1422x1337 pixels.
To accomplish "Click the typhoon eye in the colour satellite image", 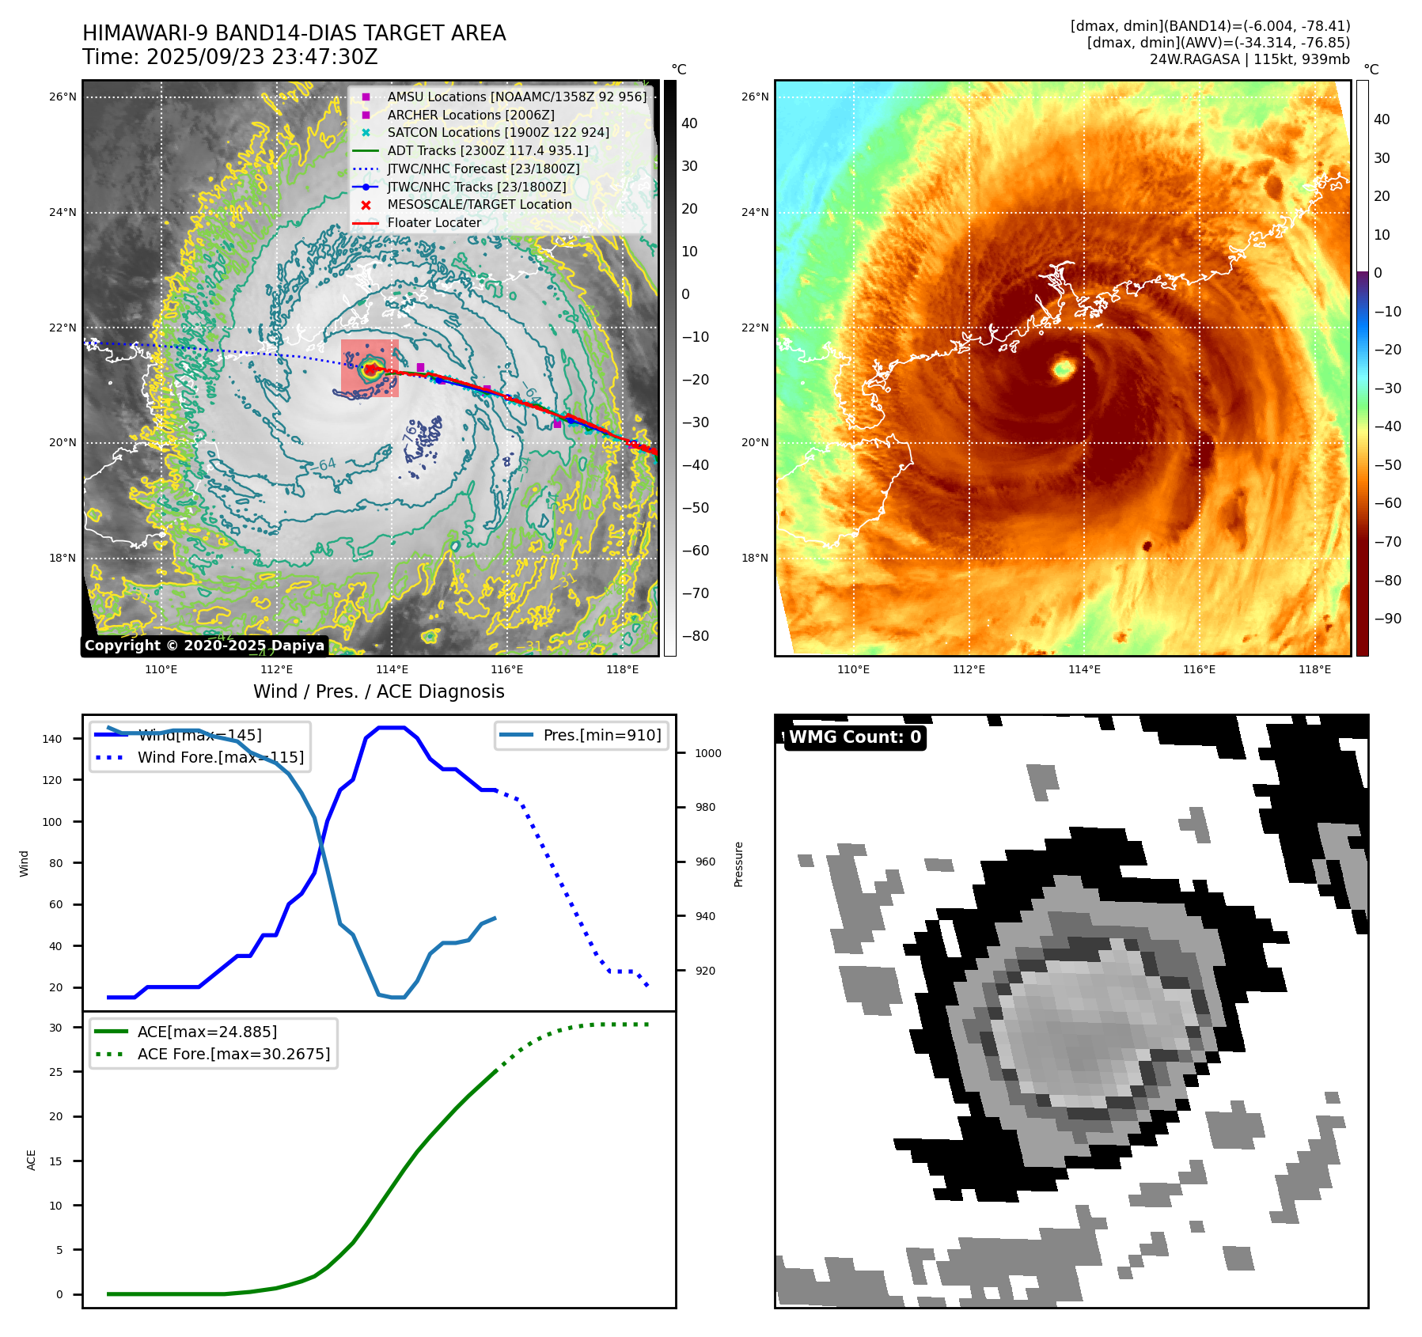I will click(1063, 368).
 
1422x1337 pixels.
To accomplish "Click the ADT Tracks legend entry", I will click(487, 150).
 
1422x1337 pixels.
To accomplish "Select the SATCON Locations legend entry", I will click(498, 132).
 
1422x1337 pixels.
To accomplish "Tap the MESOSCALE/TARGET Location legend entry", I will click(479, 204).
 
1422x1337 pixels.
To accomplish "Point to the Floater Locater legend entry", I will click(434, 222).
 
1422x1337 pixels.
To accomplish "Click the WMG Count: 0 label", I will click(855, 737).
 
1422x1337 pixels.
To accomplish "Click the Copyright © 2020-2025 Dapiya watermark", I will click(204, 646).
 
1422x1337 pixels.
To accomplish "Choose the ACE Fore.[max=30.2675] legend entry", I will click(233, 1054).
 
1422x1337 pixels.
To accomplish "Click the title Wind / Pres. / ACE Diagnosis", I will click(378, 691).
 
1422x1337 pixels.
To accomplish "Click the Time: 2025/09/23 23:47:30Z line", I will click(230, 58).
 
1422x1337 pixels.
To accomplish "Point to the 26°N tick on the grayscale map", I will click(63, 97).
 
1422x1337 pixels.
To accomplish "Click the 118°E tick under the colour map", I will click(1314, 669).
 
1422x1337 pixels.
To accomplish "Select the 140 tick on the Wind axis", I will click(52, 739).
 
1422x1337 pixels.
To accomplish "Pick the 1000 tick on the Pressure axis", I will click(707, 753).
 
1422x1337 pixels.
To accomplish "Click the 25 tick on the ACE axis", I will click(55, 1072).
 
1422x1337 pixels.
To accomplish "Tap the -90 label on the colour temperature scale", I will click(1387, 619).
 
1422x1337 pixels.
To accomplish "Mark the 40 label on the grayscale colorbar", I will click(689, 123).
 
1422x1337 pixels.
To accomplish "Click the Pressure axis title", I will click(738, 864).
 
